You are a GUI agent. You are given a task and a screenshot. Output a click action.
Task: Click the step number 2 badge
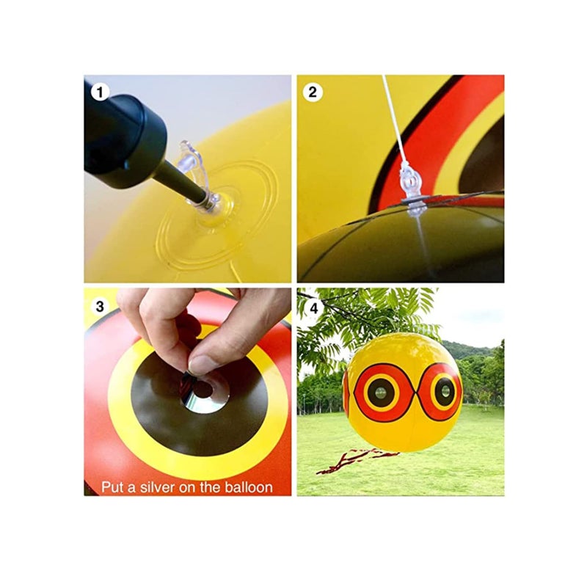coord(313,92)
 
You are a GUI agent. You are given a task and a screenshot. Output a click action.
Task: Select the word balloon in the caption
coord(246,486)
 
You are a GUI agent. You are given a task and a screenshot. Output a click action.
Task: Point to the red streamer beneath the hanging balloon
coord(352,459)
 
